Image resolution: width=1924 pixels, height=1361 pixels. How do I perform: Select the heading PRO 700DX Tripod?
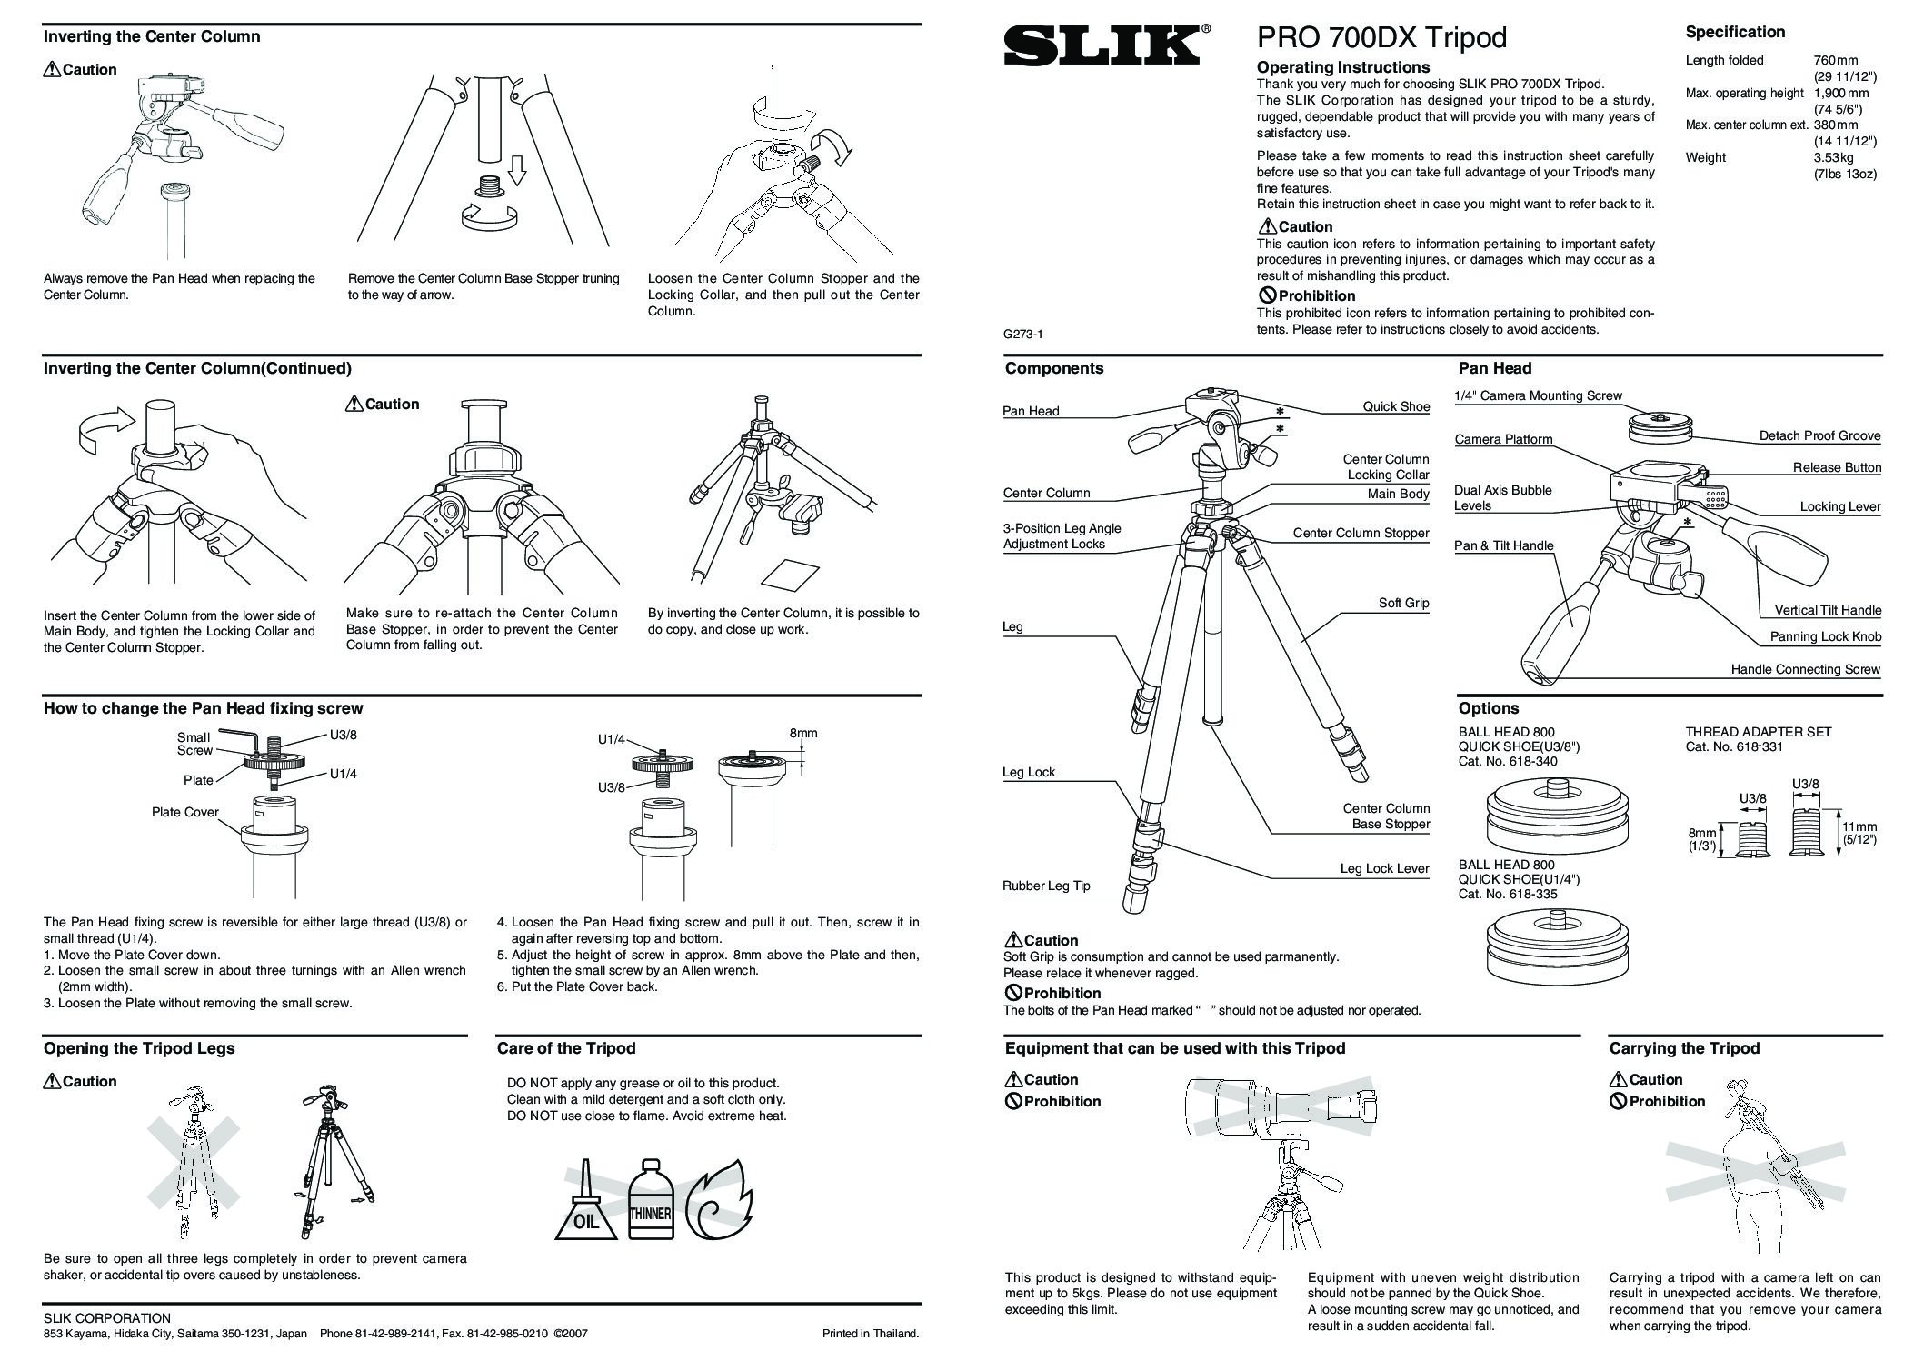(1381, 37)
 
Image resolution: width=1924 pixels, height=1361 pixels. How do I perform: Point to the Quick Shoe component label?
(1395, 406)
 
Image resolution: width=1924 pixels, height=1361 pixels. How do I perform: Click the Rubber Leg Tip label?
(1046, 886)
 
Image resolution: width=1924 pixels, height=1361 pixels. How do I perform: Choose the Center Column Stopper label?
(1361, 533)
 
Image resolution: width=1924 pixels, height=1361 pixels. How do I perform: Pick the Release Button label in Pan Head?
(1837, 467)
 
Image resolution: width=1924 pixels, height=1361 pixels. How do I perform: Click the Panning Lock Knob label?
(1825, 636)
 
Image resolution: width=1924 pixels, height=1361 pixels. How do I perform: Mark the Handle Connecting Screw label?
(1805, 669)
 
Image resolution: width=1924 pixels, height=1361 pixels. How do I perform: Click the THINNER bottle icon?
(650, 1202)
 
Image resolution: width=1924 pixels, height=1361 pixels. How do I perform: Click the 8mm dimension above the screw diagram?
(803, 733)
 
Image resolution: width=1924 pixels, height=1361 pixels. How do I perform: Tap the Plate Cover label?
(185, 812)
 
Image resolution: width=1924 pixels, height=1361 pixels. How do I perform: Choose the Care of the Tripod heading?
(565, 1048)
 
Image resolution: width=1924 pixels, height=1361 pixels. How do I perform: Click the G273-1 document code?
(1022, 334)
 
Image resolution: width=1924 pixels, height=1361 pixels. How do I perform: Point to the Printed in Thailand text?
(870, 1334)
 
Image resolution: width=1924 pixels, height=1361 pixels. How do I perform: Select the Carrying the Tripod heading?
(1683, 1048)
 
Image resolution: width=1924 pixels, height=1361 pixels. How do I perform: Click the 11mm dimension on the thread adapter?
(1859, 826)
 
